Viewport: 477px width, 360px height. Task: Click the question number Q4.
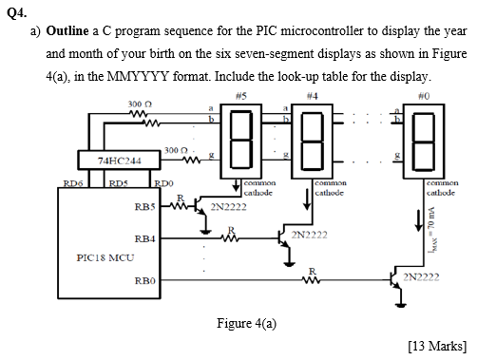14,10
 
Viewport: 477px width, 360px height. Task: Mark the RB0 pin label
147,280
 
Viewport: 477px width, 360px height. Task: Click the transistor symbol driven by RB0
396,278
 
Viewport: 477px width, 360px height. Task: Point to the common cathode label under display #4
332,186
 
